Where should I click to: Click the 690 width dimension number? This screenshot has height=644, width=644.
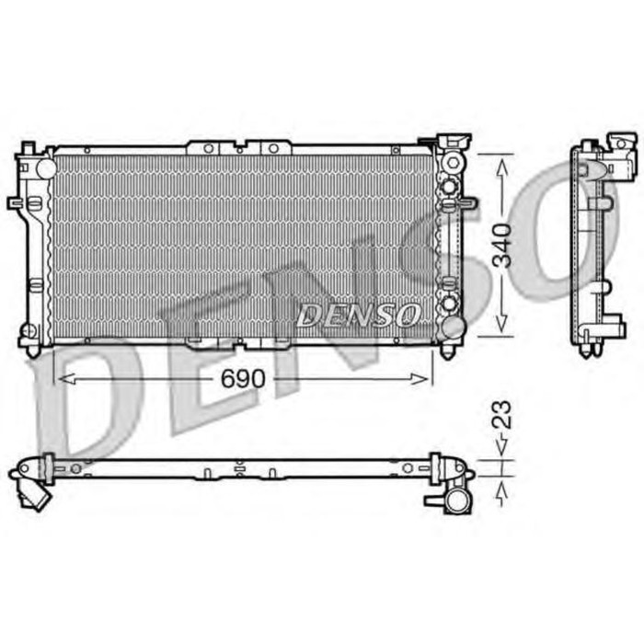coord(244,379)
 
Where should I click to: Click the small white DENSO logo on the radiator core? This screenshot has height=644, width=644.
coord(357,316)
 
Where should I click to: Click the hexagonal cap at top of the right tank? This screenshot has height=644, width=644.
coord(452,141)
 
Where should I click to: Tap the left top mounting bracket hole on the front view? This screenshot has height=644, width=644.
coord(209,147)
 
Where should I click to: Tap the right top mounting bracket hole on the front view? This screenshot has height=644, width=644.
coord(273,147)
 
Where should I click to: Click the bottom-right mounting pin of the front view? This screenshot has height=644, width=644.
coord(448,351)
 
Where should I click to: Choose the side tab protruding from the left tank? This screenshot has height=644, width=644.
coord(15,202)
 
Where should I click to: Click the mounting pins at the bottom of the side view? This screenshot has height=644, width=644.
coord(590,347)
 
